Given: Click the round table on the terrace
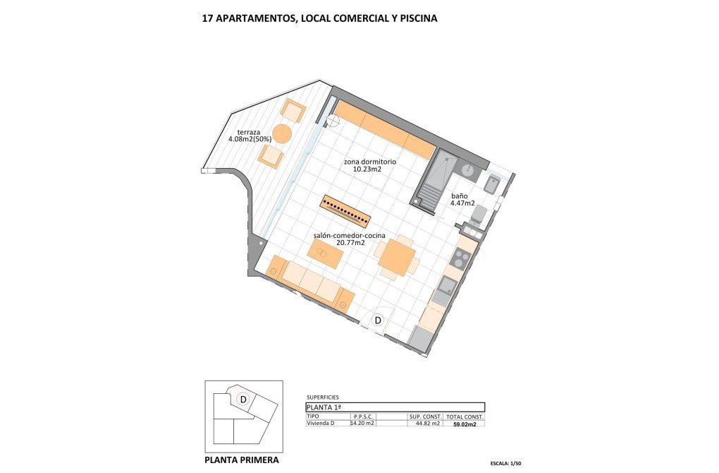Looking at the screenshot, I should click(x=282, y=133).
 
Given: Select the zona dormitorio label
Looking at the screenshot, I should click(x=369, y=165).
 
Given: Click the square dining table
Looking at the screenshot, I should click(x=397, y=257).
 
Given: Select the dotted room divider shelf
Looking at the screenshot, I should click(x=346, y=208).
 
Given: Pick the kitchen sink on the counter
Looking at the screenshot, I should click(x=447, y=286).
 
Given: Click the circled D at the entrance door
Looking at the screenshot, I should click(x=378, y=321).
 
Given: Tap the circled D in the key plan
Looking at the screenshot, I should click(x=243, y=400).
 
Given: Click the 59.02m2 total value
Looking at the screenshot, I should click(x=464, y=424).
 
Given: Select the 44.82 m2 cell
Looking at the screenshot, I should click(x=426, y=424).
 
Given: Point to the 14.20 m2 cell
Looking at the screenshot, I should click(x=362, y=424).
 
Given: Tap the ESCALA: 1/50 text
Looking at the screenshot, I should click(x=510, y=464).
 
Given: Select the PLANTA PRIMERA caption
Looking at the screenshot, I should click(x=242, y=460).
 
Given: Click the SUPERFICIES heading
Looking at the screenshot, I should click(x=323, y=397).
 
